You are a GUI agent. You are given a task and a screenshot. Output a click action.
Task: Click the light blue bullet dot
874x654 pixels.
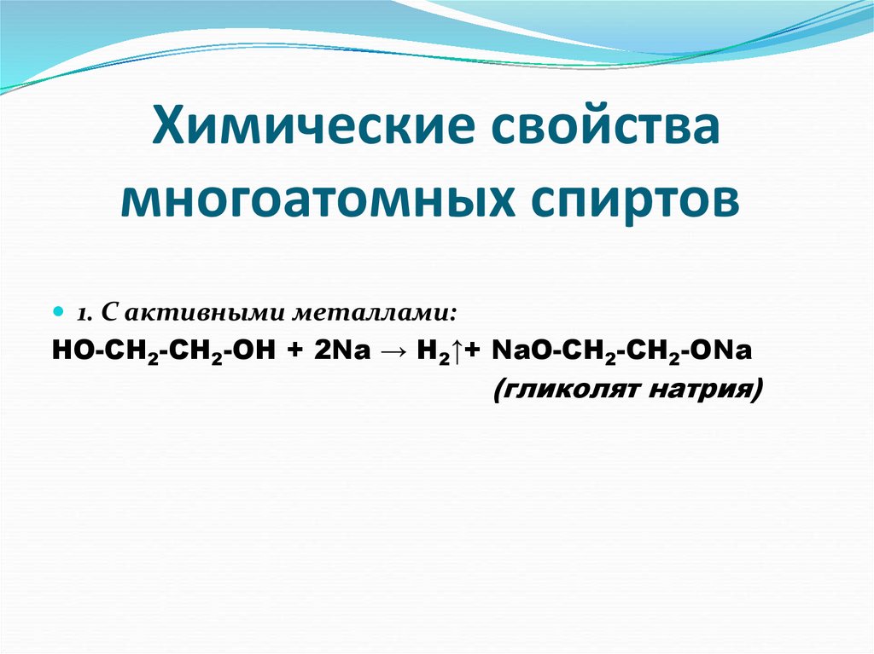[x=59, y=311]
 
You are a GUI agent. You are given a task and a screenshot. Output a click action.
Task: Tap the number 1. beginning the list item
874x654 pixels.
[x=85, y=314]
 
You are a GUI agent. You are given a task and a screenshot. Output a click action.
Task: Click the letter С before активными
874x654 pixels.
[x=109, y=314]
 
